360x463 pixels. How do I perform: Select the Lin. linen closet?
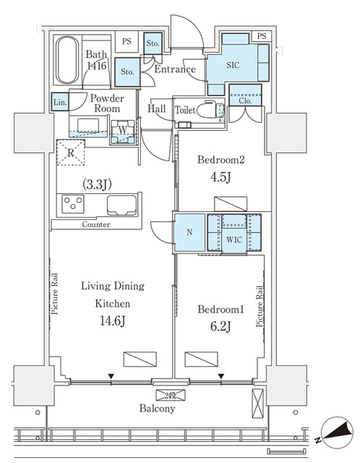click(60, 103)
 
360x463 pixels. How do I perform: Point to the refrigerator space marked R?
click(72, 153)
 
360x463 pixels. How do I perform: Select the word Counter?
click(96, 225)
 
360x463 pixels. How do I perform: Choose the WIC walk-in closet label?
click(233, 240)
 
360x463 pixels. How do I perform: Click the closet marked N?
click(189, 234)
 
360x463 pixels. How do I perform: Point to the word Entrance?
click(176, 69)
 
